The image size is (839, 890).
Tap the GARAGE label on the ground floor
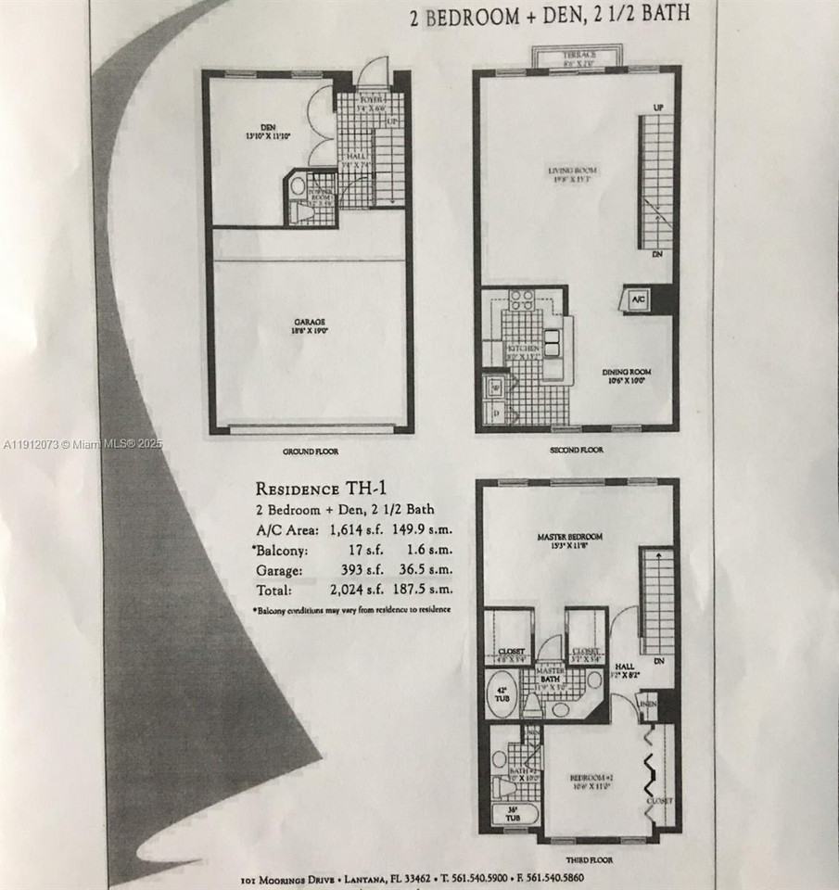click(x=311, y=325)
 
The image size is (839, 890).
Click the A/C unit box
click(x=638, y=299)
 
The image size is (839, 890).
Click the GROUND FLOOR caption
click(x=310, y=451)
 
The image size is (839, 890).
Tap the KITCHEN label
click(x=523, y=350)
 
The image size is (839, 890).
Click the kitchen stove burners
click(x=521, y=299)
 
